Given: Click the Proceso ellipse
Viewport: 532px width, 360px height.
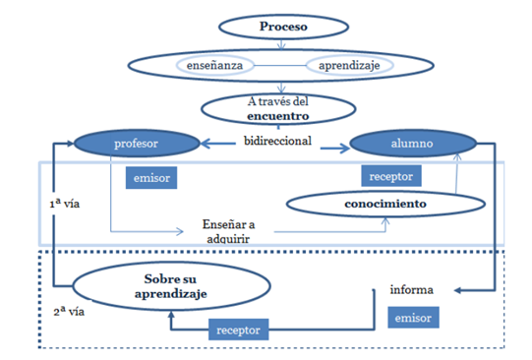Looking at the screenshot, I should coord(283,26).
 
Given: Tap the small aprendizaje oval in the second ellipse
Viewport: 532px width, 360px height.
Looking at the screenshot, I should coord(347,65).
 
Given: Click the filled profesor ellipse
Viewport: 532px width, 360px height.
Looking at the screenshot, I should coord(136,144).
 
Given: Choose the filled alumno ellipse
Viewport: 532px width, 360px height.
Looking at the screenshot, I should coord(414,144).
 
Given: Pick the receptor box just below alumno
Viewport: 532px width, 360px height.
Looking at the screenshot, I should coord(390,176).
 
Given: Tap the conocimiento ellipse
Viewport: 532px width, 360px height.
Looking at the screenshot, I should coord(384,204).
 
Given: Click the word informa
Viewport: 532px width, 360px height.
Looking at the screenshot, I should coord(410,290).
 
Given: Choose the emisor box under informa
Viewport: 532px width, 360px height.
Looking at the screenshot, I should coord(411,318).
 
